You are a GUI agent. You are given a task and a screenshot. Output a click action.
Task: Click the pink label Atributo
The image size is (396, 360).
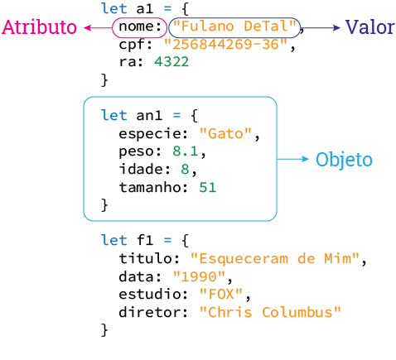(40, 27)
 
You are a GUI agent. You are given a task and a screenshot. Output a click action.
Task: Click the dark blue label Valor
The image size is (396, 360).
(369, 27)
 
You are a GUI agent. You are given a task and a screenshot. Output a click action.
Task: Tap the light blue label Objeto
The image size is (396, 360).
(344, 160)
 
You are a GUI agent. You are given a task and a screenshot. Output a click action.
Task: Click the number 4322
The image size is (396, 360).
(172, 62)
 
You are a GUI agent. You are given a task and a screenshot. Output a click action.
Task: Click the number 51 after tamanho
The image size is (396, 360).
(207, 187)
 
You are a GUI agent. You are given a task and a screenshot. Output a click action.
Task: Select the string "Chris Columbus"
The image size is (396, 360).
(270, 313)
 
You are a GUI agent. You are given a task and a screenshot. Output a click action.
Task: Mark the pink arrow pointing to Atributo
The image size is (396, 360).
(97, 28)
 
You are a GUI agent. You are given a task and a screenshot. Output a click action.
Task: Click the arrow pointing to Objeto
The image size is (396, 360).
(292, 159)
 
